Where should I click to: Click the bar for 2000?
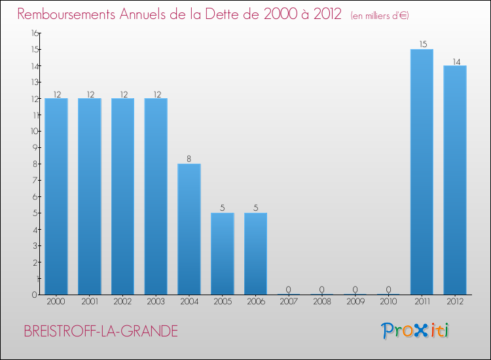56,196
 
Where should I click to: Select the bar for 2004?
189,229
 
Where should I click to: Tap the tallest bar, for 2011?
422,171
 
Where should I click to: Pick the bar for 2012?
455,180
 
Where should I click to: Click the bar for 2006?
255,253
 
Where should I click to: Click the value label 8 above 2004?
189,159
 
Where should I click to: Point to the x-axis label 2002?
122,301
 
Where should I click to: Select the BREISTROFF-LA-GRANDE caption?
101,331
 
